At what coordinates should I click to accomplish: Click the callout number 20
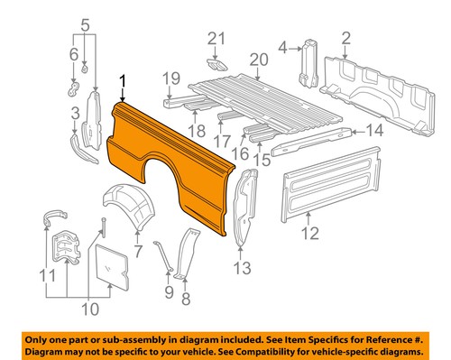click(259, 60)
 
